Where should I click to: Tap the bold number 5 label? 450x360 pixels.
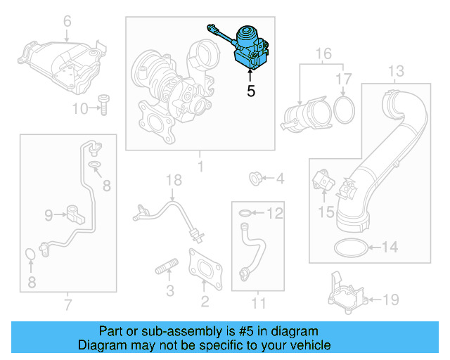click(x=250, y=91)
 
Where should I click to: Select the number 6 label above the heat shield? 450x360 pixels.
click(x=67, y=22)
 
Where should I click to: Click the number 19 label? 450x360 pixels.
click(x=390, y=300)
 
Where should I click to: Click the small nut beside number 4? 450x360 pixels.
click(x=256, y=179)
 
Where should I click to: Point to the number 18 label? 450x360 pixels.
click(x=173, y=182)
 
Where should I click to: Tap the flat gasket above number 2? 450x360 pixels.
click(x=205, y=269)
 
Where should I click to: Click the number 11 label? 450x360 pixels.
click(x=259, y=304)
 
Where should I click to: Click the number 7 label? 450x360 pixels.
click(x=67, y=304)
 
